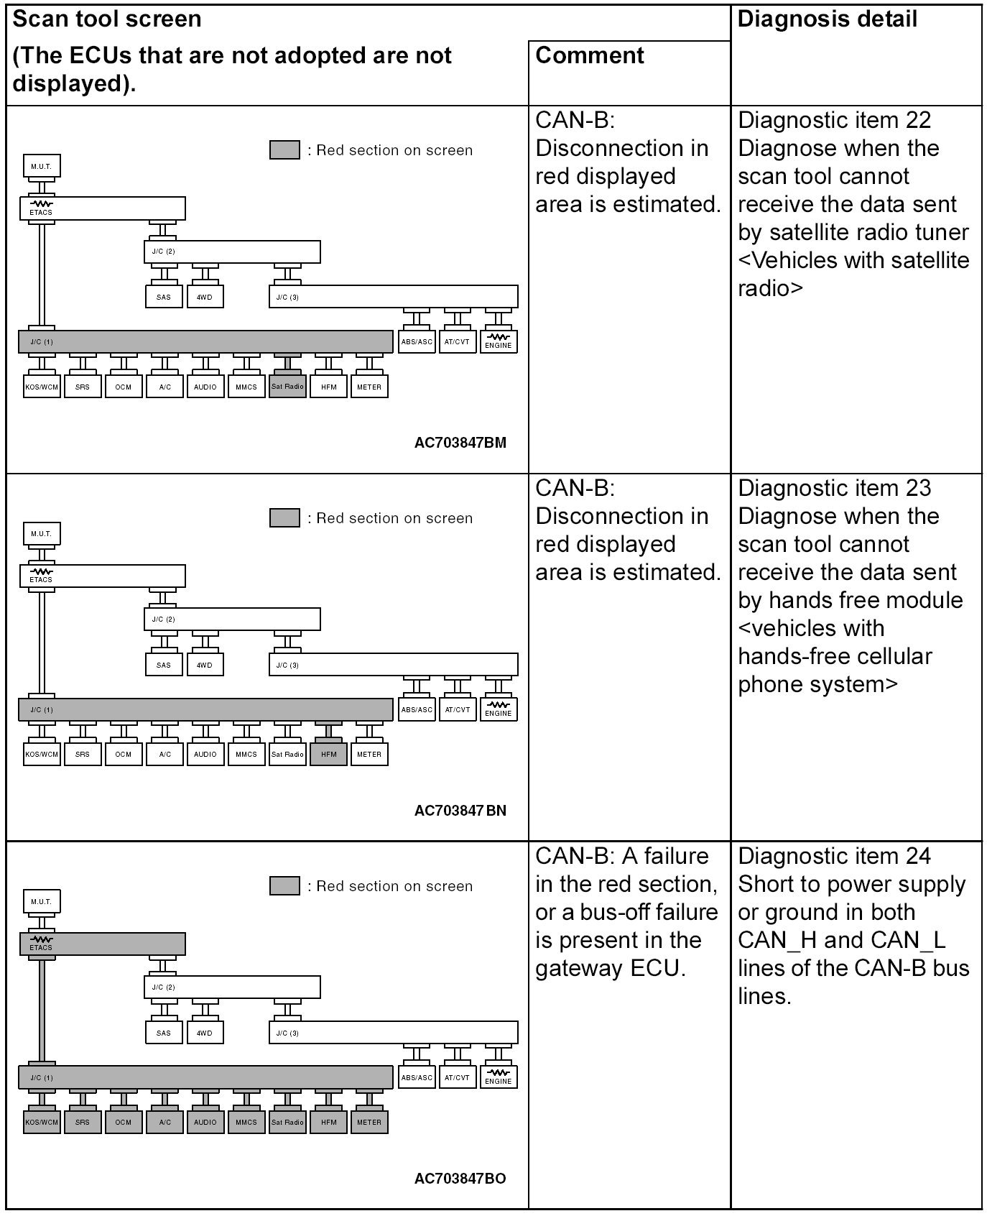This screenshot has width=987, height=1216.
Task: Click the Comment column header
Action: (x=590, y=55)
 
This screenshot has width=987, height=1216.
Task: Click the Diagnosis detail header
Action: (x=827, y=19)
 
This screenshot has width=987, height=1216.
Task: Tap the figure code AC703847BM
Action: (x=460, y=443)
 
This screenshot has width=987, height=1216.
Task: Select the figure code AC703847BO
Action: (x=460, y=1179)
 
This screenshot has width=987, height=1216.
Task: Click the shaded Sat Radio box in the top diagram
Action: (x=287, y=387)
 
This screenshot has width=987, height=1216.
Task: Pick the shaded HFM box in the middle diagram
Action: (x=328, y=755)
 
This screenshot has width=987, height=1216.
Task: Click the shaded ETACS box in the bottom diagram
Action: (x=102, y=944)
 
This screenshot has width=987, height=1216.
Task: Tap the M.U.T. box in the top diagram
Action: (x=42, y=166)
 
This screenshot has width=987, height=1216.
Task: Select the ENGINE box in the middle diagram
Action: (x=498, y=709)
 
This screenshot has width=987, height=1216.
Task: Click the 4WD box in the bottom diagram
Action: (x=205, y=1033)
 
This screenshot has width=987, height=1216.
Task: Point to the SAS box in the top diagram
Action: (x=164, y=297)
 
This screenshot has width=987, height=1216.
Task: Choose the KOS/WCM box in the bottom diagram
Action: (x=42, y=1122)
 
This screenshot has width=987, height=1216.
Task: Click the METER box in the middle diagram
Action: (x=369, y=755)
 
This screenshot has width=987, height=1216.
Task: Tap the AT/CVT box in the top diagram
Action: (x=457, y=342)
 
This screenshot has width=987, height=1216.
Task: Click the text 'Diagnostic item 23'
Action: (x=834, y=488)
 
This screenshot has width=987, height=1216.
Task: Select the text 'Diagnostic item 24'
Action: (x=834, y=856)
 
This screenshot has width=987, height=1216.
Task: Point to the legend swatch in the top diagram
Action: (x=284, y=150)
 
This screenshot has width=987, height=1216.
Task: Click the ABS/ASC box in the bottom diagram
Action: (x=417, y=1077)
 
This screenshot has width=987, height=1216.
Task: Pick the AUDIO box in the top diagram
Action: (x=205, y=387)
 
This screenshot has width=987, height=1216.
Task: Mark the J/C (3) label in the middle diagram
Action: (x=287, y=665)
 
